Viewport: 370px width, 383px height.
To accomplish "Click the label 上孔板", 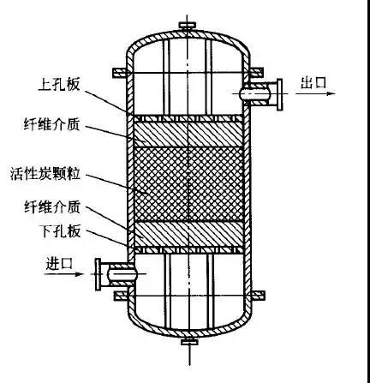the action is point(59,85).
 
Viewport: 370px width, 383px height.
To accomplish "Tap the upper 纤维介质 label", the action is point(51,125).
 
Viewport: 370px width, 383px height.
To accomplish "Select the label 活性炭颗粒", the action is point(45,174).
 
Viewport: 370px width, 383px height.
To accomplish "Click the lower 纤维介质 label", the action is point(52,207).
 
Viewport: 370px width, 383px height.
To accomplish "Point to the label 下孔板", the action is point(60,231).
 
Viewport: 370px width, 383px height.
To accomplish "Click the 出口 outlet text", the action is point(313,82).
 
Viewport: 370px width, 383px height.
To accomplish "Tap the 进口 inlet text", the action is point(59,263).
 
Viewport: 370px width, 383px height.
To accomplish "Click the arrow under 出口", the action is point(314,93).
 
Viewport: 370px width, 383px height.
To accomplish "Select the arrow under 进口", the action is point(63,274).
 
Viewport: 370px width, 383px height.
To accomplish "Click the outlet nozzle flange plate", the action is point(279,94).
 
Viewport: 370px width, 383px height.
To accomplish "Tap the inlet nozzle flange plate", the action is point(98,274).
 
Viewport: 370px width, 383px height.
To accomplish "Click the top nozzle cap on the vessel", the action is point(188,25).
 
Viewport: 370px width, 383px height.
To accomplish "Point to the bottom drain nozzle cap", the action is point(189,341).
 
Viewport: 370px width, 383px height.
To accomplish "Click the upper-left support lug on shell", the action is point(120,73).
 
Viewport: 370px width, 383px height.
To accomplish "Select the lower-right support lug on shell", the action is point(258,296).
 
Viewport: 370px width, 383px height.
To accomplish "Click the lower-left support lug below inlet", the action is point(121,296).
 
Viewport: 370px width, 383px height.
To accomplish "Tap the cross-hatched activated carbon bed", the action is point(188,184).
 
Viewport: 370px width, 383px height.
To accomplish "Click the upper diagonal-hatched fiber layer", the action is point(188,135).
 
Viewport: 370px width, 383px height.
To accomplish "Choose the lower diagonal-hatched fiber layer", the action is point(188,234).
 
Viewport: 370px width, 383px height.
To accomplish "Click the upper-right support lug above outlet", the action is point(256,73).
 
